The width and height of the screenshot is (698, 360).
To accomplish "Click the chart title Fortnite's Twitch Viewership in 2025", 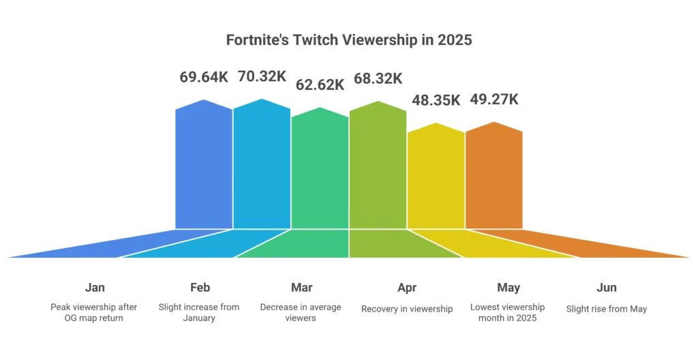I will [x=349, y=40].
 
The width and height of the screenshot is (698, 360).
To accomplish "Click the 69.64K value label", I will [x=204, y=77].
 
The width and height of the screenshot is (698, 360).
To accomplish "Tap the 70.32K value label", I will [x=262, y=76].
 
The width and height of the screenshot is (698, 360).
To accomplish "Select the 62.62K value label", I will [x=320, y=85].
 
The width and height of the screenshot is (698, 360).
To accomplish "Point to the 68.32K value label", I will [x=378, y=78].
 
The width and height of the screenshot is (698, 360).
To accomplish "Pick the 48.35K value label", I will [x=436, y=100].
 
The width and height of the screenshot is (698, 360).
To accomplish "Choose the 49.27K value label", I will [x=494, y=100].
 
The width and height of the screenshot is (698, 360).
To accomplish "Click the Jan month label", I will [x=95, y=288].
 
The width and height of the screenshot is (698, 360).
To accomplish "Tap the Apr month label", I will [x=407, y=288].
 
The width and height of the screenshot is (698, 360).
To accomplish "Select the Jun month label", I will [x=606, y=288].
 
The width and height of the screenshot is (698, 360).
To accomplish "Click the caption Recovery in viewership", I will [x=407, y=309].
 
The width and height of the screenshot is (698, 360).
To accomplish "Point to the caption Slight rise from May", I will [x=606, y=309].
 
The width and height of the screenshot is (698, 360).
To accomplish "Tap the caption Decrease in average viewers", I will [x=301, y=312].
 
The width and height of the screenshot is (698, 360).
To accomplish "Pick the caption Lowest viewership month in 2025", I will [x=508, y=312].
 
